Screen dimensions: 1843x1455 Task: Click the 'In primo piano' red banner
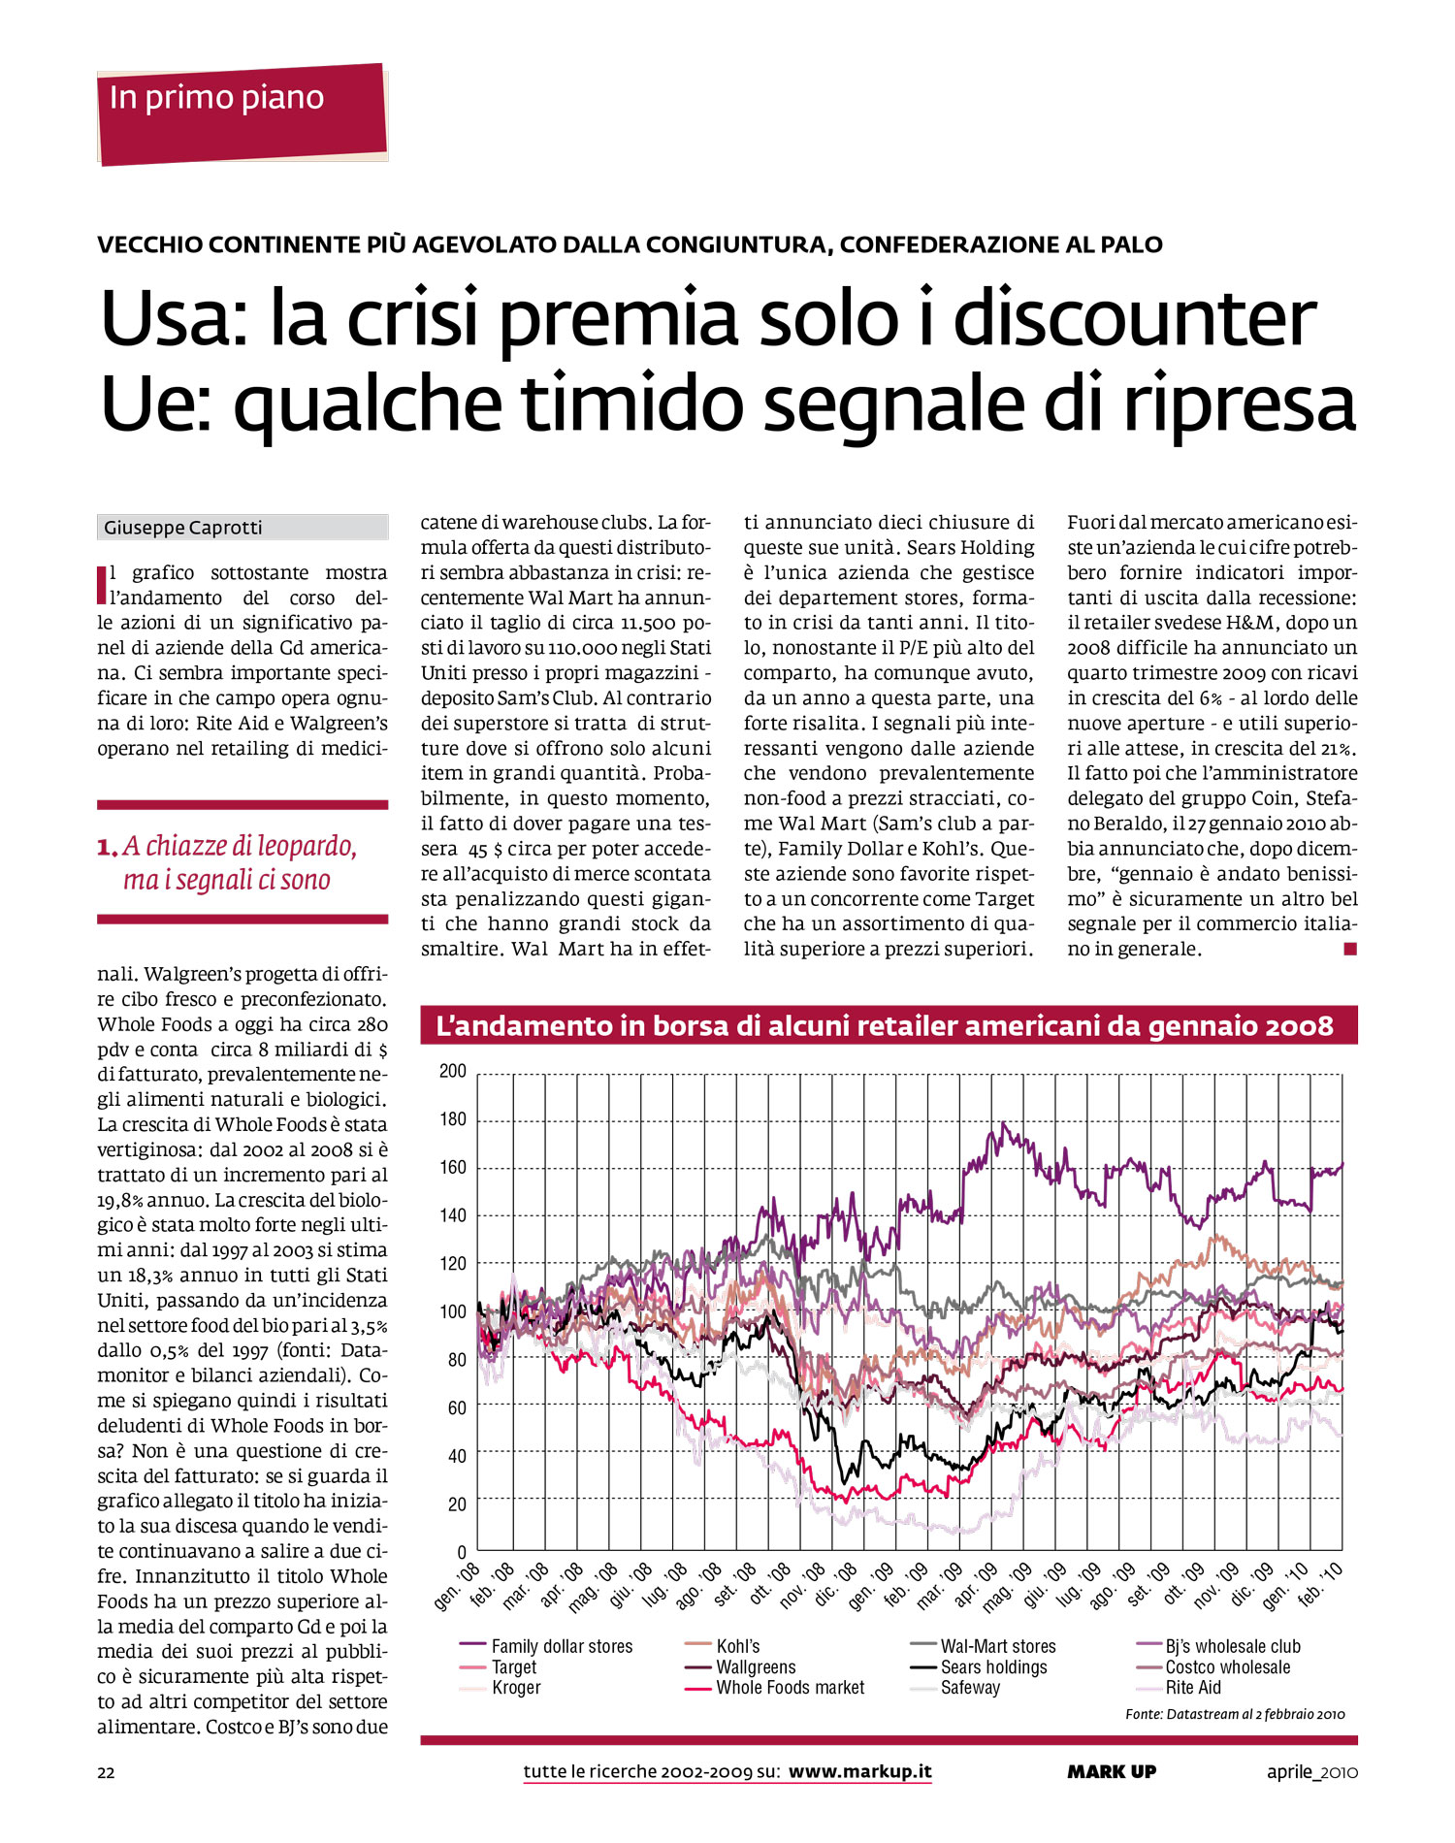click(242, 113)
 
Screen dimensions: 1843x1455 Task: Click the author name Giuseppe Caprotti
click(183, 528)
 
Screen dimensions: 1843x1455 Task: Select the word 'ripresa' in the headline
click(1239, 404)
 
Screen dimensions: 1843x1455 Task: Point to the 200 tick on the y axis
click(453, 1071)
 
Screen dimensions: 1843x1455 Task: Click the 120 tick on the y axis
click(453, 1263)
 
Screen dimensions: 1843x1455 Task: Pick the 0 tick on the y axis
click(462, 1552)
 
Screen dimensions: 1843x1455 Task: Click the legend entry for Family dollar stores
click(561, 1646)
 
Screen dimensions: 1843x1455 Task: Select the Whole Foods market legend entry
click(790, 1688)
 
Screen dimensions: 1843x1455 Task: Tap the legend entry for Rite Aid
click(1193, 1688)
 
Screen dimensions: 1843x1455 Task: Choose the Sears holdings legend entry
click(993, 1667)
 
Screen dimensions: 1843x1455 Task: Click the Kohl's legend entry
click(737, 1646)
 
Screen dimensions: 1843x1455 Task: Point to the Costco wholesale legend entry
click(1227, 1667)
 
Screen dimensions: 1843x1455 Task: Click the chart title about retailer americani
click(885, 1026)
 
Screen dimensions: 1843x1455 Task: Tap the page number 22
click(106, 1772)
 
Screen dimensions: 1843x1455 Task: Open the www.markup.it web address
click(859, 1771)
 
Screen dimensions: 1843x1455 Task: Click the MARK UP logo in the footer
click(1112, 1771)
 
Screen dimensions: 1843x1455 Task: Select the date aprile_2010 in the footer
click(1311, 1772)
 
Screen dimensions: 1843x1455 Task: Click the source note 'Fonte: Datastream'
click(1234, 1714)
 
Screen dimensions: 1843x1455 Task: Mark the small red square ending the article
click(1349, 949)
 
